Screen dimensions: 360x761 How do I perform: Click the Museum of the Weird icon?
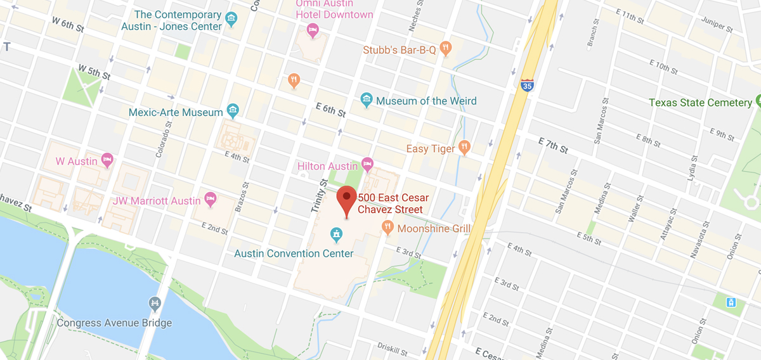click(x=367, y=99)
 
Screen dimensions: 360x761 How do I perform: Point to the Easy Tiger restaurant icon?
click(x=465, y=147)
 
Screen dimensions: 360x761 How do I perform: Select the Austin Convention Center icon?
click(x=336, y=236)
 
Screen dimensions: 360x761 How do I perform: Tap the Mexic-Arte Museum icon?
click(x=233, y=112)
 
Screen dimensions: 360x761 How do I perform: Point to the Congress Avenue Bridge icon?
click(x=154, y=305)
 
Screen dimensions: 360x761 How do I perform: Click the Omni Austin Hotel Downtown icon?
click(x=312, y=30)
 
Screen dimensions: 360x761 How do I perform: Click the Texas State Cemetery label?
click(x=700, y=103)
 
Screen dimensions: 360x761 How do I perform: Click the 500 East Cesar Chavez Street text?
click(x=391, y=203)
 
